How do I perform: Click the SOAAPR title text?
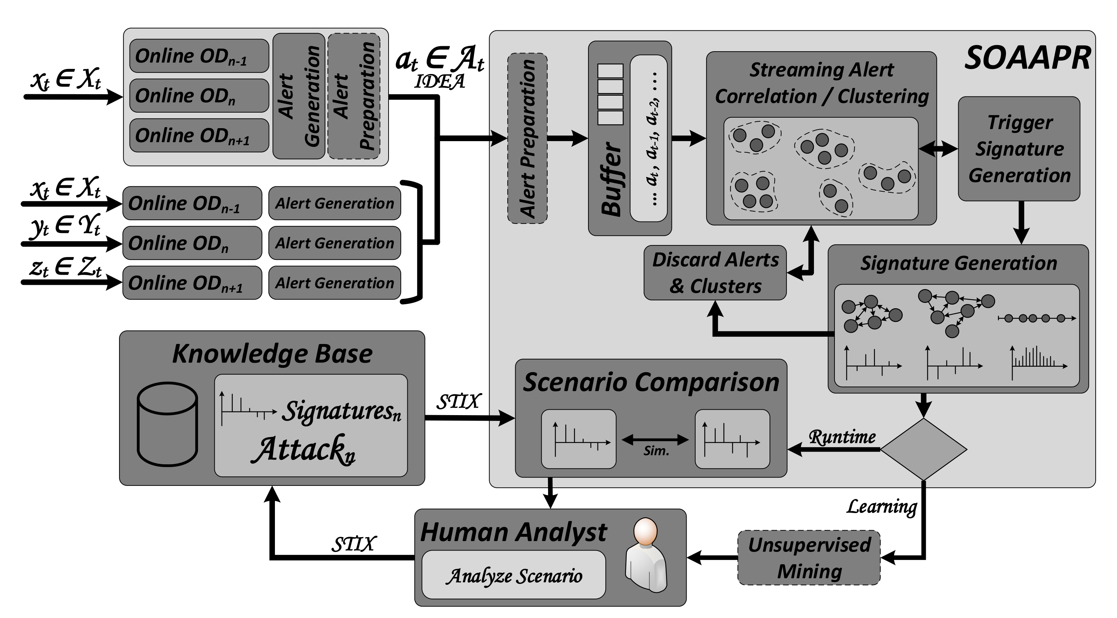click(1027, 58)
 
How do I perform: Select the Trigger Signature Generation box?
click(1019, 149)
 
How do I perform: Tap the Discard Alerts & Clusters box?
click(715, 273)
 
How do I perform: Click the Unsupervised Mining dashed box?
click(809, 558)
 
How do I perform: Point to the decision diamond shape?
click(924, 449)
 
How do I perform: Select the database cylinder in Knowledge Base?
click(167, 424)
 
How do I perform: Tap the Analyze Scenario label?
click(514, 576)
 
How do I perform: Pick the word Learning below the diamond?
click(881, 506)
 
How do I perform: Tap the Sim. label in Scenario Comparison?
click(656, 451)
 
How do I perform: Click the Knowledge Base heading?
click(272, 353)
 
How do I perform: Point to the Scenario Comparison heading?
click(651, 382)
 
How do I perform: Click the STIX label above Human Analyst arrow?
click(354, 544)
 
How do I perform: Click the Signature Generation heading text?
click(959, 263)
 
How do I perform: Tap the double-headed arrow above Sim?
click(655, 440)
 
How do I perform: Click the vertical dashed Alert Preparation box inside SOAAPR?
click(527, 139)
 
